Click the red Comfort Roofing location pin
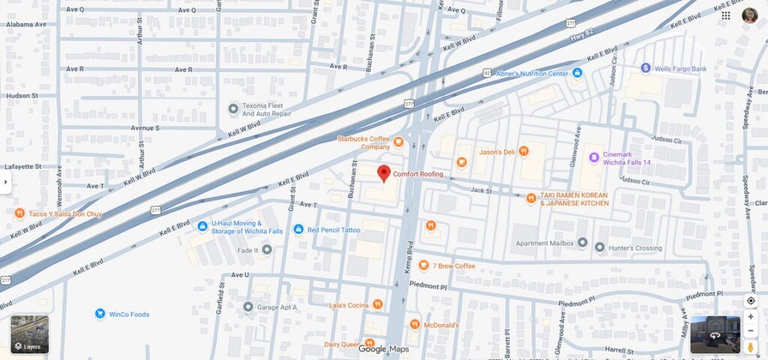[383, 173]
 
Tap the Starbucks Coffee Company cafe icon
[399, 142]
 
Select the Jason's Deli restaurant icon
[523, 151]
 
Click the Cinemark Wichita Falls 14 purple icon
[594, 157]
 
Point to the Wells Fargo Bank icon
[645, 68]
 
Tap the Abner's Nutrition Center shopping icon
[577, 73]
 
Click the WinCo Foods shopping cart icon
[99, 313]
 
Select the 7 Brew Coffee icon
[424, 265]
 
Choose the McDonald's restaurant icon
[415, 324]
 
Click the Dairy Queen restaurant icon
[369, 343]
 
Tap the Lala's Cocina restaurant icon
[377, 304]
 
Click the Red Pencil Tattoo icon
[298, 229]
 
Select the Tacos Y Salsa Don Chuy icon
[19, 214]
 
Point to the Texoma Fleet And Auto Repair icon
[233, 109]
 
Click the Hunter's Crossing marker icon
[600, 247]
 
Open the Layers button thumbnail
[29, 334]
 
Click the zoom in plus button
[751, 316]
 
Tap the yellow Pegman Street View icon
[751, 347]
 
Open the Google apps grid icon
[726, 16]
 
